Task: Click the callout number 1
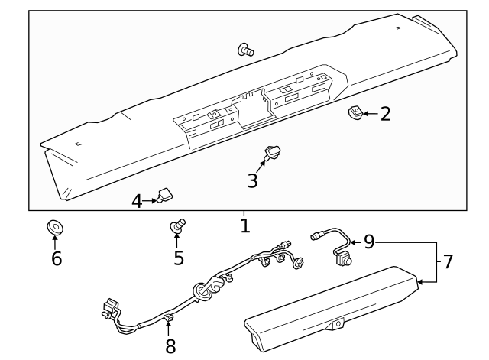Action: click(244, 225)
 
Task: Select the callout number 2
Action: click(385, 114)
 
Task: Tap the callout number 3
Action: click(251, 181)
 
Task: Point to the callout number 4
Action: click(137, 201)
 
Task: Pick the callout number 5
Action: click(178, 258)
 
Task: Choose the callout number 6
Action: click(56, 258)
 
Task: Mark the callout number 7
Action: click(448, 262)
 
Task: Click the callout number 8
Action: click(170, 346)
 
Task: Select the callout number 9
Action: click(368, 242)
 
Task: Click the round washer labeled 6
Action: click(55, 228)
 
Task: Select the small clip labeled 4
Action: click(164, 196)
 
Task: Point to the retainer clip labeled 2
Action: click(354, 113)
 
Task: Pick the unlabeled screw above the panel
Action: click(246, 50)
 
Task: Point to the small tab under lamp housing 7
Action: click(335, 325)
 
